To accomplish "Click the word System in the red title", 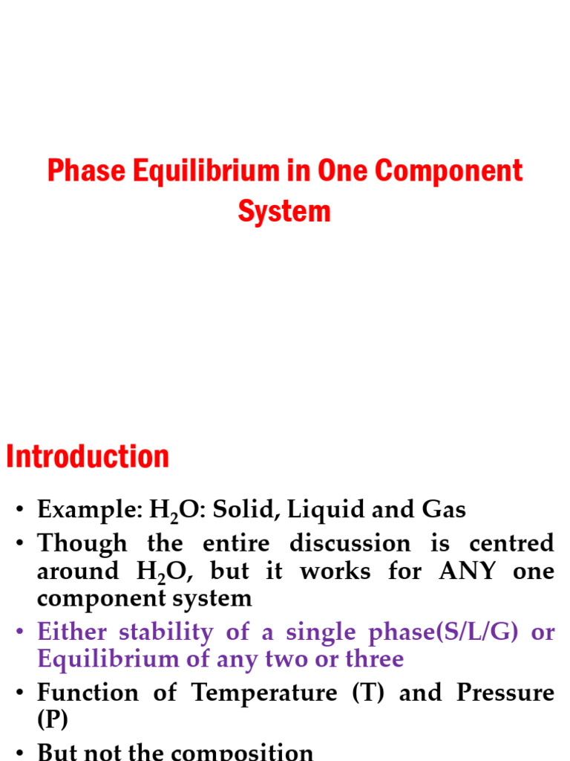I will pyautogui.click(x=284, y=212).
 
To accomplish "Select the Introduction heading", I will pyautogui.click(x=88, y=456).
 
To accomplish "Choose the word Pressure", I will pyautogui.click(x=505, y=693).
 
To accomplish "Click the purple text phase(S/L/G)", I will pyautogui.click(x=430, y=632).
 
